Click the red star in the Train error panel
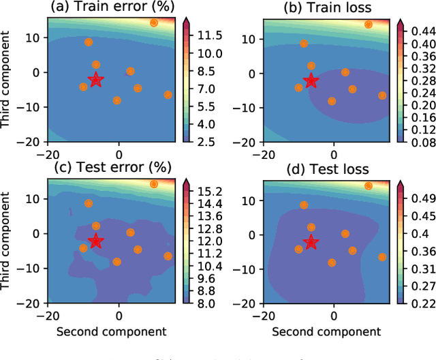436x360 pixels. (x=96, y=80)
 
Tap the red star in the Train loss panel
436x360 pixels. (x=311, y=80)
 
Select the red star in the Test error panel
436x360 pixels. (x=96, y=241)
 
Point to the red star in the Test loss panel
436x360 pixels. (x=311, y=242)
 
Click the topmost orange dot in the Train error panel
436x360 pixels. (x=154, y=22)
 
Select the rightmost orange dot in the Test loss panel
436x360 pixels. (x=382, y=257)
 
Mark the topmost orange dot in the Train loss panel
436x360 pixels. (x=369, y=25)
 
